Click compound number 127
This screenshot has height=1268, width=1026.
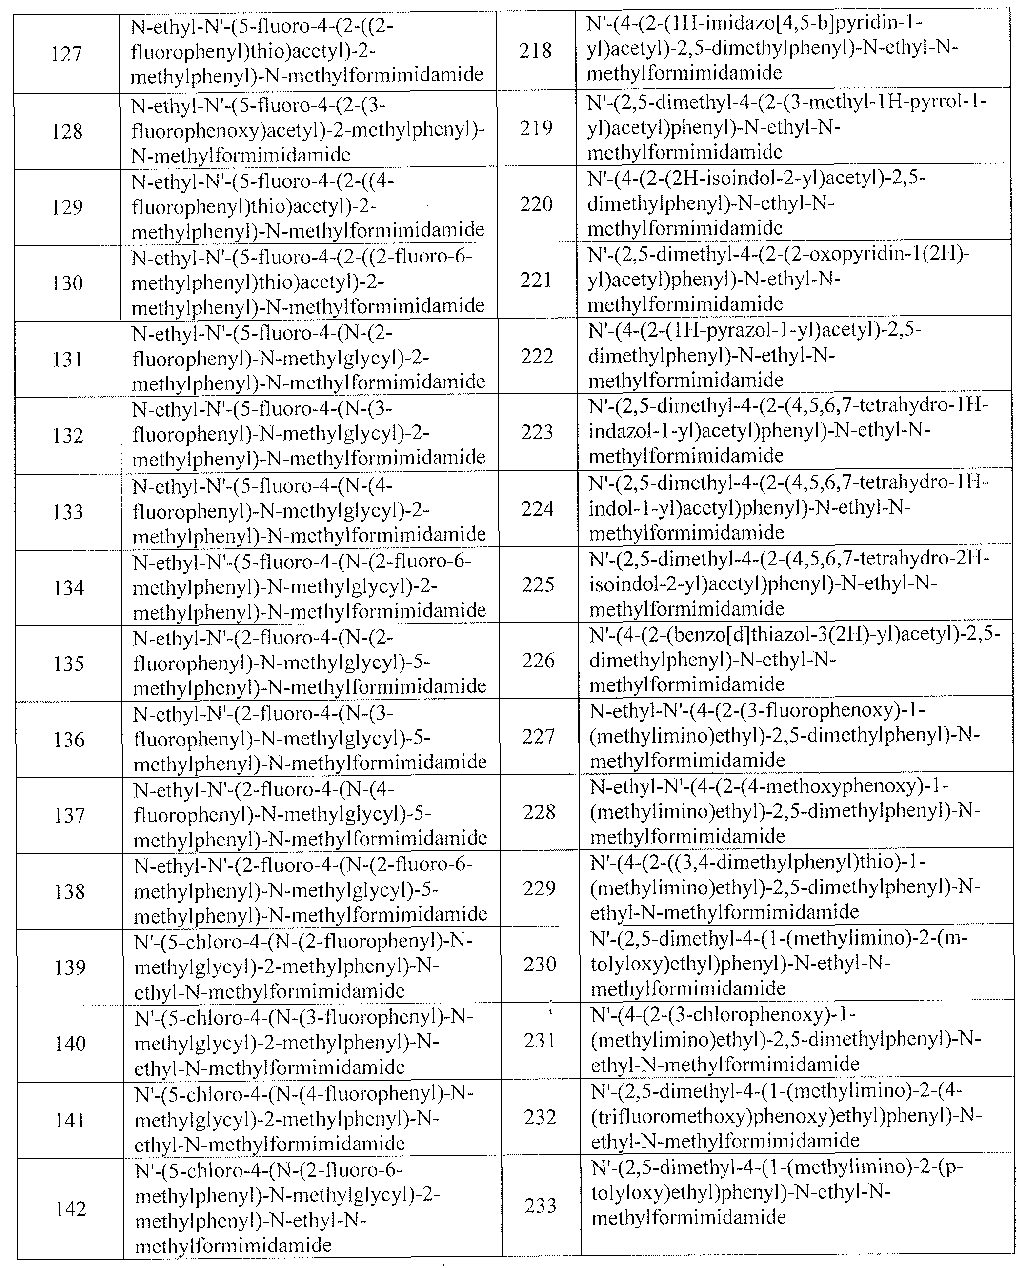pos(66,54)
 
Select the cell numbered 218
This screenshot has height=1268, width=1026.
pos(536,51)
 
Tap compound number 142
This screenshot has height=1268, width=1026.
pos(70,1209)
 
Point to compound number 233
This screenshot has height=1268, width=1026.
pos(540,1206)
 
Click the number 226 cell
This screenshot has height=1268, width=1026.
pos(538,660)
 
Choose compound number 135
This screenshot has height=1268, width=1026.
pos(69,664)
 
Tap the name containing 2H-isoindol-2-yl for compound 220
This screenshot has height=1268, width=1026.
pos(757,203)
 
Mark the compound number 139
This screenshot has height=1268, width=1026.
pos(70,968)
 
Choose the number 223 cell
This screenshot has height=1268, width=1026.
pos(537,432)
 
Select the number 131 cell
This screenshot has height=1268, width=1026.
pos(68,359)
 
